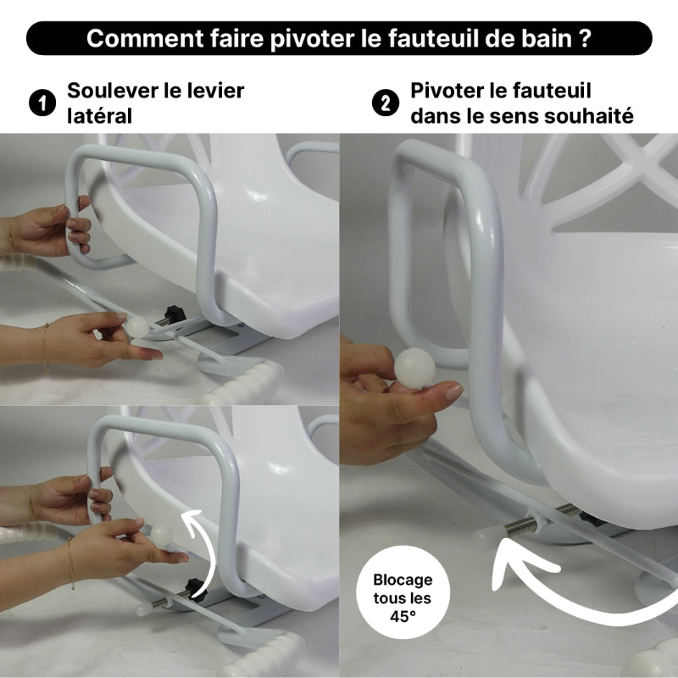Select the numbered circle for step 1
click(39, 103)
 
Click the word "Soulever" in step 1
click(108, 91)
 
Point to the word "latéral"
click(99, 116)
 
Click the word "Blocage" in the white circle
click(403, 581)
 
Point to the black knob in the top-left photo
click(175, 314)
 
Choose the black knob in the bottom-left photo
click(193, 586)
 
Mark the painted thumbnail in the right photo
click(454, 392)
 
